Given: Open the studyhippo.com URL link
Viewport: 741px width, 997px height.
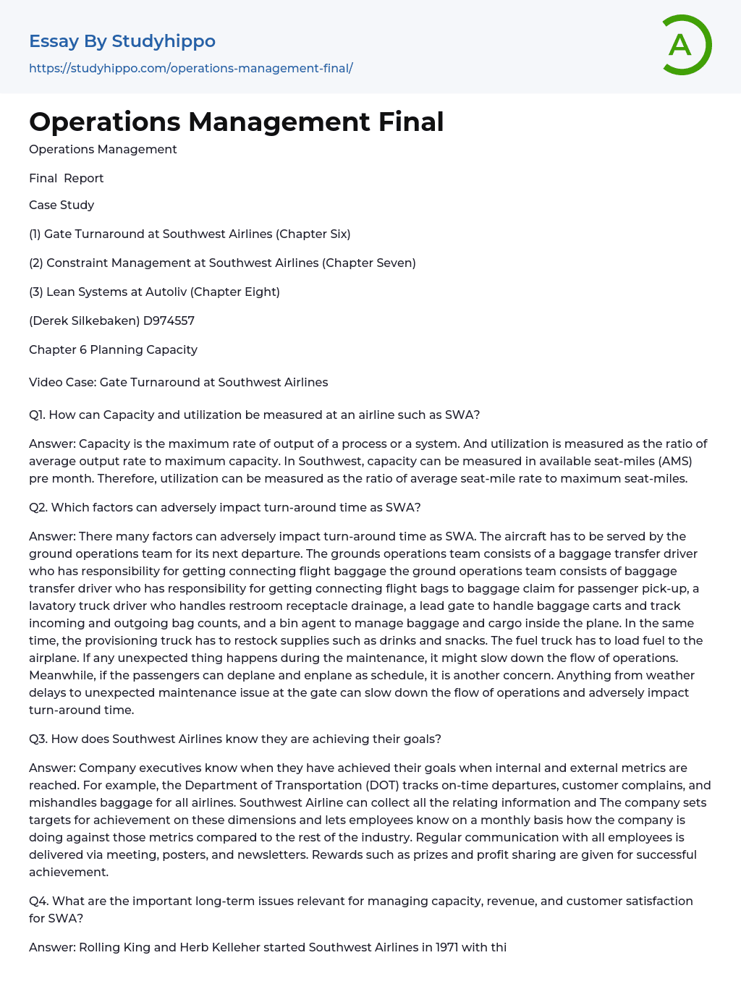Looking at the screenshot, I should click(x=190, y=68).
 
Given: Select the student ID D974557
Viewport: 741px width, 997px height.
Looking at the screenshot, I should click(x=169, y=321).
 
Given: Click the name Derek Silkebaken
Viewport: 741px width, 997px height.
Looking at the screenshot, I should click(x=85, y=321).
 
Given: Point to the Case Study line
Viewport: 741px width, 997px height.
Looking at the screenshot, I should click(x=62, y=205).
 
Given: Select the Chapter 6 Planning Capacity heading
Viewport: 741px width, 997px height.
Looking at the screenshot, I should click(x=113, y=349).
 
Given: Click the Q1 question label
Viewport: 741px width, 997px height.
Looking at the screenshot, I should click(x=36, y=415).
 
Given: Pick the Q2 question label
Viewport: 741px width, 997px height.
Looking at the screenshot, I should click(x=38, y=507).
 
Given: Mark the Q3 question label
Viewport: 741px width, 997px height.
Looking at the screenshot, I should click(x=38, y=739).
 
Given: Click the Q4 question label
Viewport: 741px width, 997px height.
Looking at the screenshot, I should click(x=38, y=901).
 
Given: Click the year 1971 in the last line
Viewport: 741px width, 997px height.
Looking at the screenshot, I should click(x=446, y=947).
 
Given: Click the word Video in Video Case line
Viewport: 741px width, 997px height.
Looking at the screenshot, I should click(x=45, y=382).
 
